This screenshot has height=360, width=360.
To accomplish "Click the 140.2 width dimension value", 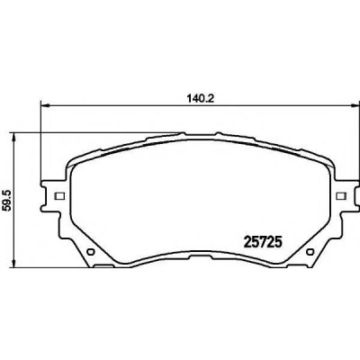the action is click(x=200, y=98).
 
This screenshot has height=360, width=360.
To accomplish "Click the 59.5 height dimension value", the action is click(x=6, y=200).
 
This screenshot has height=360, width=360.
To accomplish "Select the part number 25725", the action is click(x=263, y=241).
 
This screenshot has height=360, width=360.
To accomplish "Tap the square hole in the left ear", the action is click(x=59, y=196).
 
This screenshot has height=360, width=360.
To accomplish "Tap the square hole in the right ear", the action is click(x=341, y=196).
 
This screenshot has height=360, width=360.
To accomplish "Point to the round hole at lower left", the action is click(x=90, y=251).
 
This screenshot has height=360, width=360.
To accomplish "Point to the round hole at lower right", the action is click(x=310, y=251).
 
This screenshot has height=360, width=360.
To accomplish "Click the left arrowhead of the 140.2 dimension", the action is click(x=44, y=105).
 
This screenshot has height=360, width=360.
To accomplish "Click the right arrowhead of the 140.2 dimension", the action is click(x=355, y=105).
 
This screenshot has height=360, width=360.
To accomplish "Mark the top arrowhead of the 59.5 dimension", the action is click(x=13, y=137).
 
